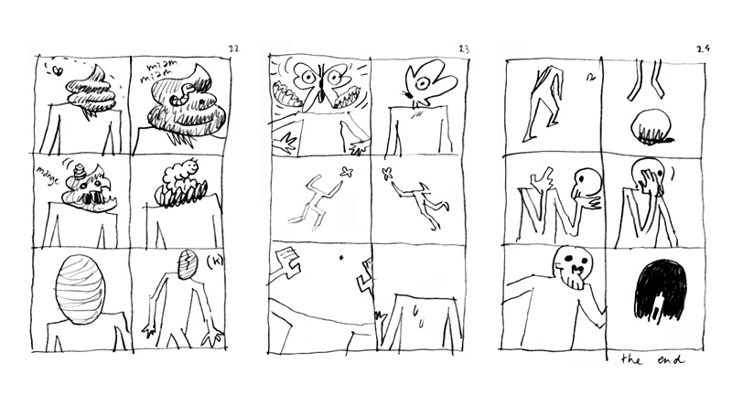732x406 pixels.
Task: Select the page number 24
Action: (703, 48)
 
